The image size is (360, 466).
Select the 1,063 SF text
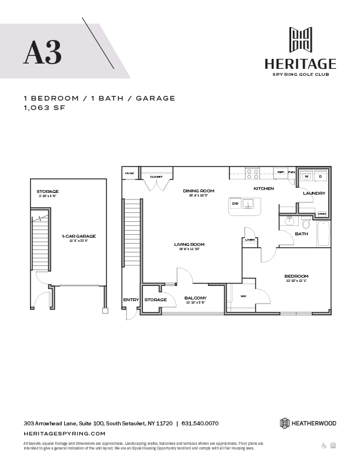pyautogui.click(x=44, y=108)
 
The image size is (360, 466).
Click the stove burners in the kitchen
pyautogui.click(x=252, y=174)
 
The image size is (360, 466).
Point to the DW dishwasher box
pyautogui.click(x=235, y=204)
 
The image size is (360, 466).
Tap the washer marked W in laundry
pyautogui.click(x=306, y=177)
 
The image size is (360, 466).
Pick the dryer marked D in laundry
pyautogui.click(x=321, y=177)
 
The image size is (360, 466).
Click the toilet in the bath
pyautogui.click(x=305, y=224)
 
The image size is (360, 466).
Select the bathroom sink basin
pyautogui.click(x=288, y=222)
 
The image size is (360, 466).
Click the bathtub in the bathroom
pyautogui.click(x=324, y=233)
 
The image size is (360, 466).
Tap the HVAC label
pyautogui.click(x=129, y=174)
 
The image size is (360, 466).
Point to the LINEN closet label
pyautogui.click(x=249, y=239)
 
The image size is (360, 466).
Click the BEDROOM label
pyautogui.click(x=296, y=276)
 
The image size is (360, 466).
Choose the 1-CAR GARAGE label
pyautogui.click(x=79, y=236)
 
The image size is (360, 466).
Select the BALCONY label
pyautogui.click(x=194, y=299)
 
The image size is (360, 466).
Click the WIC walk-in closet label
pyautogui.click(x=244, y=296)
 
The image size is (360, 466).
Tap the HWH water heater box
pyautogui.click(x=322, y=214)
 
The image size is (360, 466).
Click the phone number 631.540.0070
pyautogui.click(x=200, y=422)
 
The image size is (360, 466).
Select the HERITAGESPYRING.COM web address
pyautogui.click(x=65, y=433)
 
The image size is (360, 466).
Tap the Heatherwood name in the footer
pyautogui.click(x=316, y=422)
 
